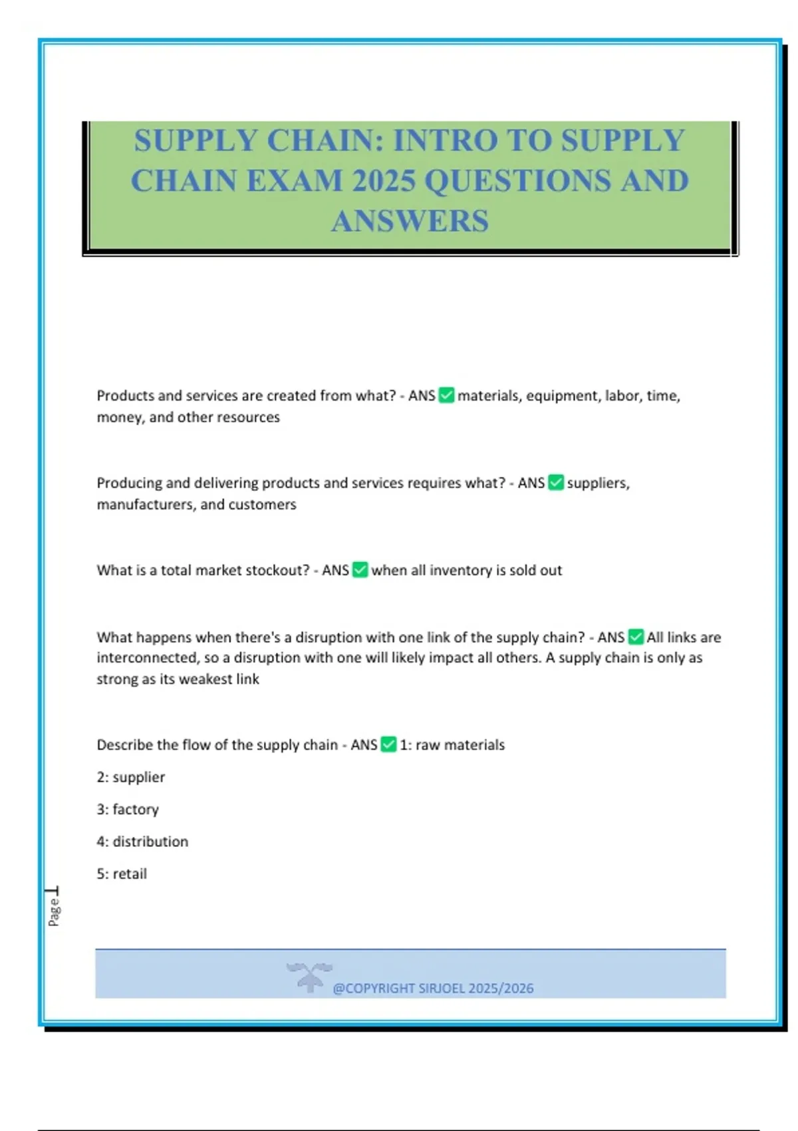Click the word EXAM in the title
tap(295, 181)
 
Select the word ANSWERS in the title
tap(410, 222)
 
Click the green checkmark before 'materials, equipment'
tap(447, 395)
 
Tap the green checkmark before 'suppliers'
tap(556, 482)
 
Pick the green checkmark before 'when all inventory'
tap(360, 569)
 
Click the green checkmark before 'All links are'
tap(636, 637)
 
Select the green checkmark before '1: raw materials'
tap(388, 744)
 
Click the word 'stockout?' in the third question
tap(275, 570)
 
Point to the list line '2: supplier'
tap(131, 777)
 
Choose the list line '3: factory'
tap(128, 809)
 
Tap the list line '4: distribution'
tap(142, 842)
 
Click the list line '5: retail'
tap(122, 874)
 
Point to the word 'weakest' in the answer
tap(205, 679)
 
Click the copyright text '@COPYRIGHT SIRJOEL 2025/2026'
tap(433, 988)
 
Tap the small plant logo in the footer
tap(309, 977)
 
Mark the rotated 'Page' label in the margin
tap(54, 911)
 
